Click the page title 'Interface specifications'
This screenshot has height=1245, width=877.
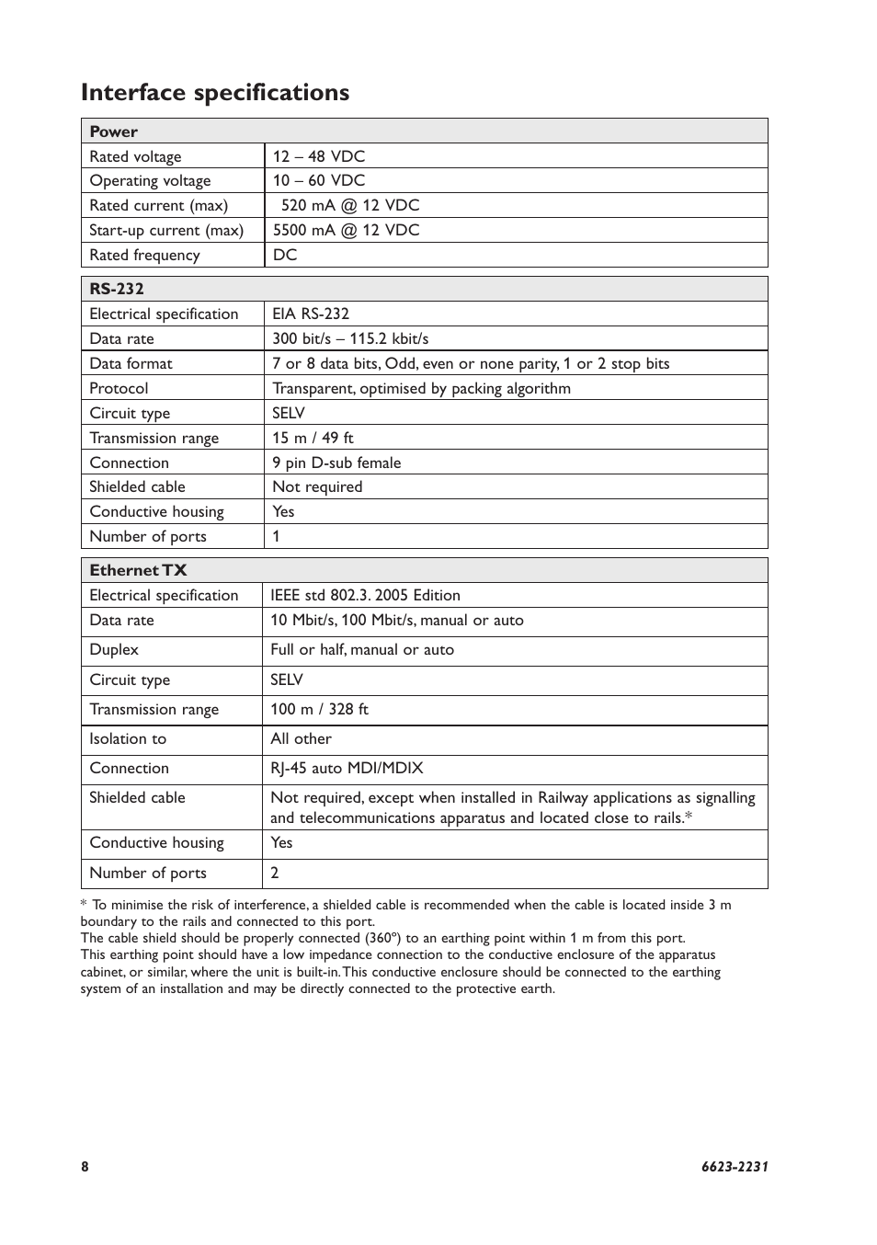pos(215,93)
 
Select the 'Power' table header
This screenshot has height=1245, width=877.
pos(114,131)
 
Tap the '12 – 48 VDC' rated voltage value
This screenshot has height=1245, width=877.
pos(319,156)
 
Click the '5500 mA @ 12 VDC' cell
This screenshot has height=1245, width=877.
pos(346,230)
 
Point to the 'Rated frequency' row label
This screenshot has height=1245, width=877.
pos(144,255)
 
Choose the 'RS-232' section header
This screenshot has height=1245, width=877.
pos(117,289)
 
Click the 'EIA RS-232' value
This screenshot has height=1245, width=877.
pos(311,314)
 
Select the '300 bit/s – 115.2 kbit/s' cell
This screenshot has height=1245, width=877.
pos(350,338)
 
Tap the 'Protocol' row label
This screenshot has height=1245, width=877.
pos(119,388)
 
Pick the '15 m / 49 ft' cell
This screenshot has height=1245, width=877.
pos(313,438)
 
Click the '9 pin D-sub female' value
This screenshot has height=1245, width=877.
pos(336,463)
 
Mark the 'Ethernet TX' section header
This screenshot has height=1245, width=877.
pos(138,570)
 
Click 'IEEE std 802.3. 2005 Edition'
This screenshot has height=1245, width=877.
pos(365,595)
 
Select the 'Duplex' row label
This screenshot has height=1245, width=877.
pos(114,649)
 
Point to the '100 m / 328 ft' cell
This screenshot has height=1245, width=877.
pos(319,709)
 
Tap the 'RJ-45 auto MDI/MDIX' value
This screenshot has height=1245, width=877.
pos(347,768)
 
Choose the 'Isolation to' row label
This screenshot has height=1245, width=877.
pos(128,738)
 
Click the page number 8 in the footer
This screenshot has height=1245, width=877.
pos(85,1167)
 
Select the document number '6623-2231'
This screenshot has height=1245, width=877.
pos(735,1167)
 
